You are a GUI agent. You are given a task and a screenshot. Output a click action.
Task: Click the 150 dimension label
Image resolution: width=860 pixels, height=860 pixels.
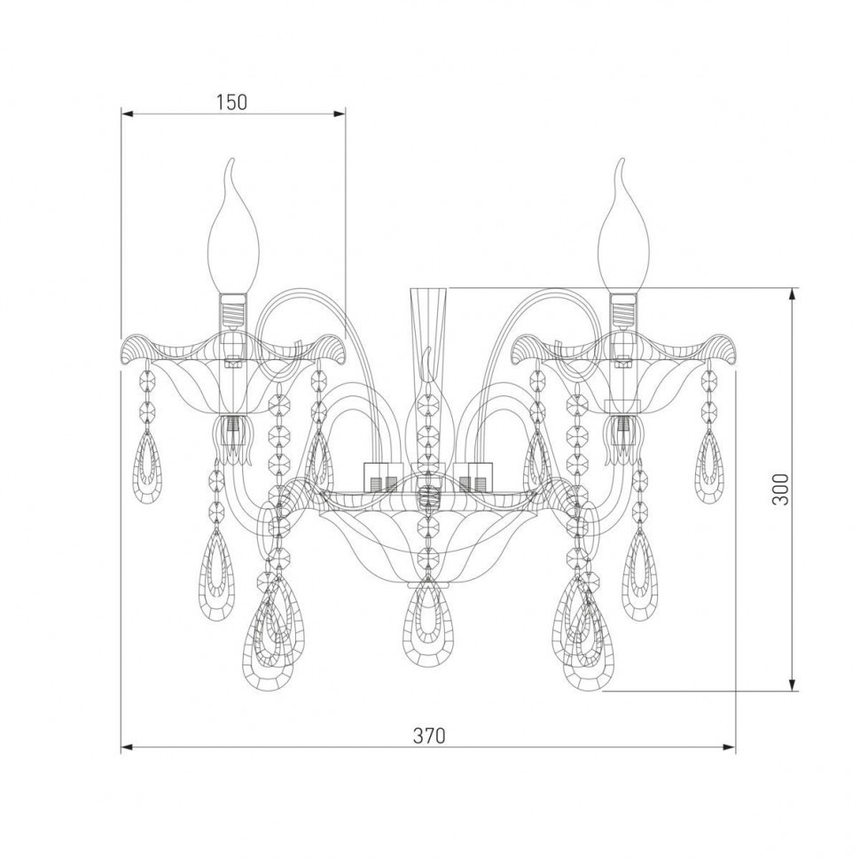pyautogui.click(x=231, y=102)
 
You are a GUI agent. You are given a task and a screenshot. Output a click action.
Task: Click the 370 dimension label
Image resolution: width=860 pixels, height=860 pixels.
pyautogui.click(x=429, y=736)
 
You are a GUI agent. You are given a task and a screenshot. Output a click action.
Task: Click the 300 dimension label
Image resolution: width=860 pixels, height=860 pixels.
pyautogui.click(x=780, y=489)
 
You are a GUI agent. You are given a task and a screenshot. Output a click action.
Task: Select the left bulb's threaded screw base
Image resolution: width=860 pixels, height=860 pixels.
pyautogui.click(x=234, y=311)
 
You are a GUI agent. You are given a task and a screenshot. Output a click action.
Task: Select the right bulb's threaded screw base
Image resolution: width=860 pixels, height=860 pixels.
pyautogui.click(x=625, y=310)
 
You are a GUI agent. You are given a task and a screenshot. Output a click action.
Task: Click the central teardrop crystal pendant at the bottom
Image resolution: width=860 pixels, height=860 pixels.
pyautogui.click(x=429, y=625)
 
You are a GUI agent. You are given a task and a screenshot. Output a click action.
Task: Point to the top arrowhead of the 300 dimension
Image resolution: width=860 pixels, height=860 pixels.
pyautogui.click(x=792, y=296)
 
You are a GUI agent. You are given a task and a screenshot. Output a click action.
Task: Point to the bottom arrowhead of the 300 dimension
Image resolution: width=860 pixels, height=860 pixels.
pyautogui.click(x=792, y=683)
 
